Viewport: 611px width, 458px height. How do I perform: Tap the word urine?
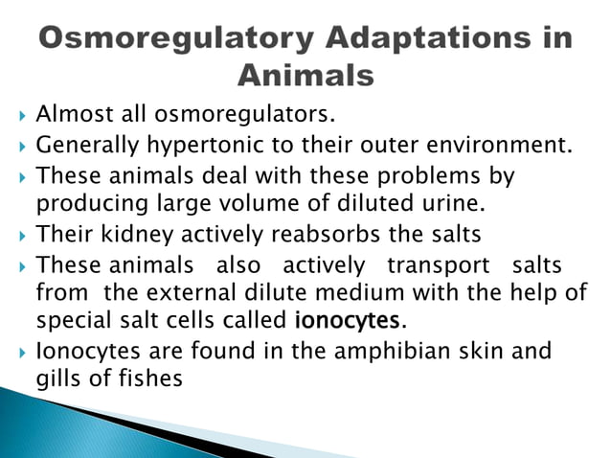pos(452,203)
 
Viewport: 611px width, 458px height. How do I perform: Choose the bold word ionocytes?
pos(345,319)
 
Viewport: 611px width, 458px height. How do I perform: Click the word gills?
pos(59,378)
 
